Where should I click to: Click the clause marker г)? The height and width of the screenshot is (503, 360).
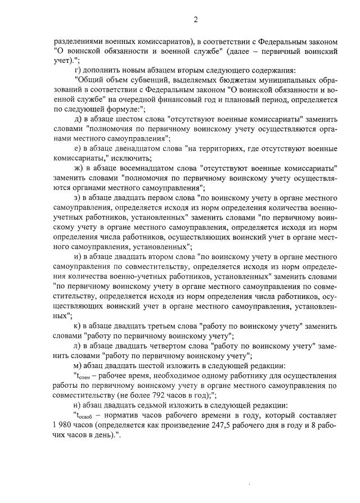(x=79, y=70)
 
